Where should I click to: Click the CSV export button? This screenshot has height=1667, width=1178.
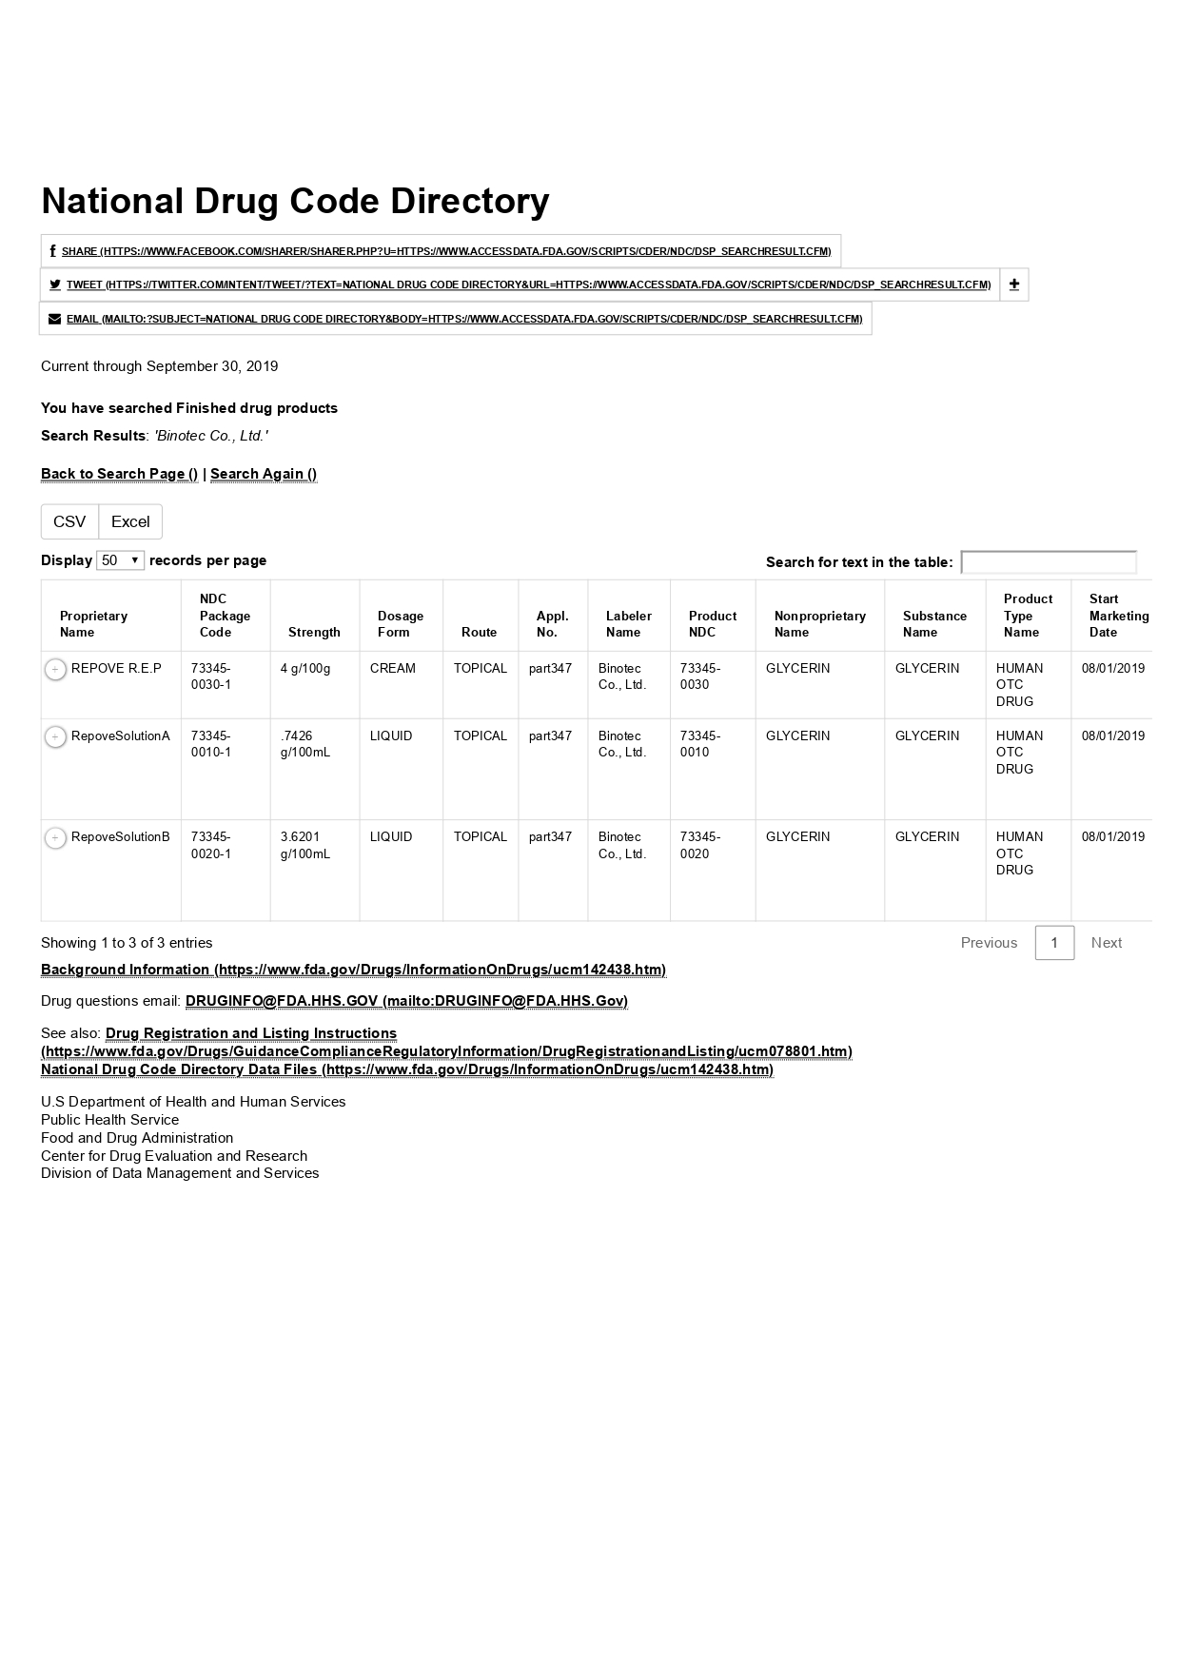coord(69,521)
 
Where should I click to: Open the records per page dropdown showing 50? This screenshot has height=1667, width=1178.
coord(120,560)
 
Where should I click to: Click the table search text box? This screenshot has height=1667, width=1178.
coord(1048,562)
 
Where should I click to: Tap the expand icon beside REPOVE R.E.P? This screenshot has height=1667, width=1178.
coord(56,670)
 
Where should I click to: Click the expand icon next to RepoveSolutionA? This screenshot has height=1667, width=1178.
coord(56,737)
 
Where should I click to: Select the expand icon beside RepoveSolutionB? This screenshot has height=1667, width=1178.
coord(56,838)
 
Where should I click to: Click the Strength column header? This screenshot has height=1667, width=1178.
coord(314,632)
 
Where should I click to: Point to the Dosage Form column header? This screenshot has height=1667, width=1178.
coord(400,623)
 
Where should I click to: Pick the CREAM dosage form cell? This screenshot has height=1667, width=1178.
coord(392,668)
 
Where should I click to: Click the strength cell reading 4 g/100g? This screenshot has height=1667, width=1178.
coord(305,668)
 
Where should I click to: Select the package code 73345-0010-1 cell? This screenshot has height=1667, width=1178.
coord(211,743)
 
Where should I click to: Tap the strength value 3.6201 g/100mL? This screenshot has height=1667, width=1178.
coord(305,845)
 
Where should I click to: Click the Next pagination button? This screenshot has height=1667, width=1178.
coord(1106,943)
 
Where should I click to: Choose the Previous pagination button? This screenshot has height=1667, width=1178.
coord(989,943)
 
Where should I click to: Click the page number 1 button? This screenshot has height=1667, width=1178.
coord(1054,943)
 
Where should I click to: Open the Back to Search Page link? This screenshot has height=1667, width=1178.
coord(119,474)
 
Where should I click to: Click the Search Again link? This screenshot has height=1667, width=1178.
coord(264,474)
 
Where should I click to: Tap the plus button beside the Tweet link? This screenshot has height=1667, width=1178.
coord(1014,284)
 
